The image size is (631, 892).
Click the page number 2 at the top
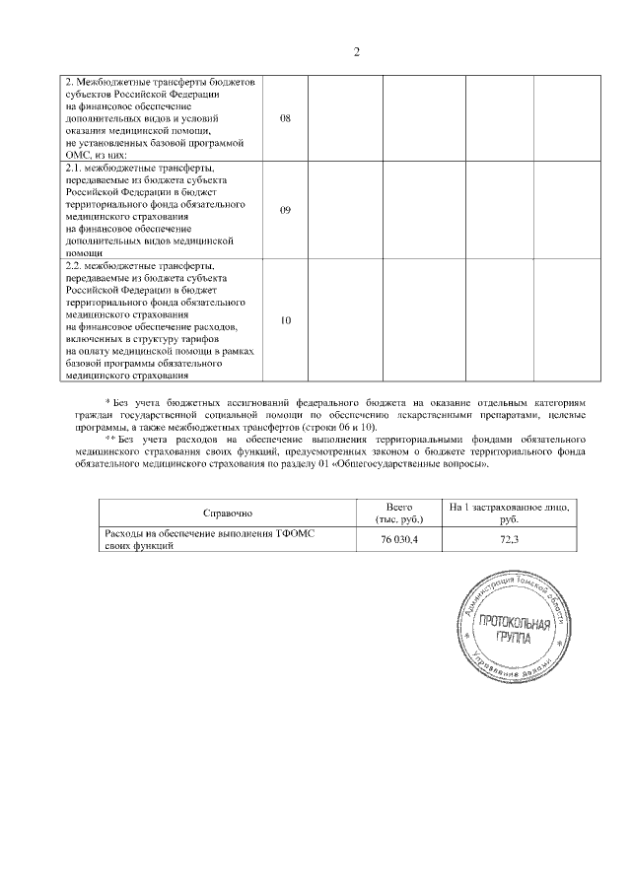coord(357,51)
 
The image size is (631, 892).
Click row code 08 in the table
coord(286,117)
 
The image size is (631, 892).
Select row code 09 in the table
coord(286,210)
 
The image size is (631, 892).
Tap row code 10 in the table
coord(286,320)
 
